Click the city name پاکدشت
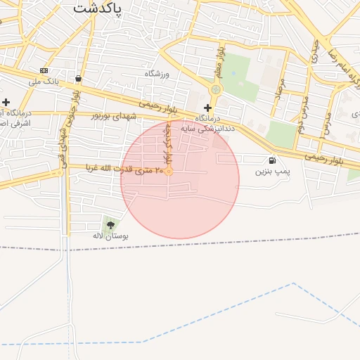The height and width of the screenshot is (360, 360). [97, 8]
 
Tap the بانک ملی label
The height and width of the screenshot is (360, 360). [44, 82]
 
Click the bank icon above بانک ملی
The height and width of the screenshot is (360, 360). [44, 70]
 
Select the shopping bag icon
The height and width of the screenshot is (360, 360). [77, 79]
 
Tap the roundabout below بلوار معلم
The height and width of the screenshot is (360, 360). [216, 90]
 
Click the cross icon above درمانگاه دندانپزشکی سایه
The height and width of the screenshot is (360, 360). [207, 108]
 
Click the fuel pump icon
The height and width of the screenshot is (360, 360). [272, 160]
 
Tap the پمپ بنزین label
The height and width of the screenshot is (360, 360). [272, 171]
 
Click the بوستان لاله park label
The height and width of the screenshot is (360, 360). [111, 236]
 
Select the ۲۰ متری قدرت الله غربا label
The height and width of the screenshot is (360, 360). [124, 168]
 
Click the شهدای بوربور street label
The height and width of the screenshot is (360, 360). [115, 115]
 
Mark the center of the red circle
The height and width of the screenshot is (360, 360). [180, 179]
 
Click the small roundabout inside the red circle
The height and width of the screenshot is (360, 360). [169, 171]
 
